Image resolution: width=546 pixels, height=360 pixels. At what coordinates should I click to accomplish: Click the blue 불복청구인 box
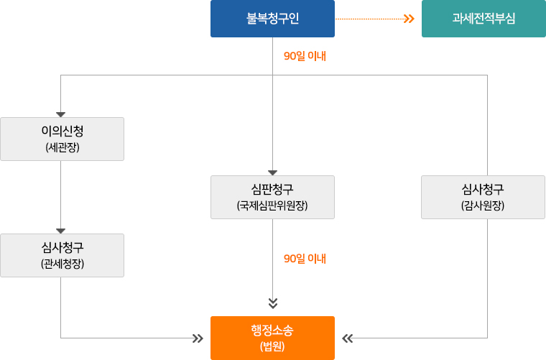pos(272,19)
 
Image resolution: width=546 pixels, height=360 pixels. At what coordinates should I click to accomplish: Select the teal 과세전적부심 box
pos(483,19)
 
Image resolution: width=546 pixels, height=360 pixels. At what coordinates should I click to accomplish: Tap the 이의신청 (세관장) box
pos(62,139)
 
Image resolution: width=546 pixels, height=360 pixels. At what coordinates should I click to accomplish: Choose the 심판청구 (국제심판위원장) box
pos(272,197)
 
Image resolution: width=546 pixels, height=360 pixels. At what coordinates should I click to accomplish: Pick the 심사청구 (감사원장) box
pos(483,197)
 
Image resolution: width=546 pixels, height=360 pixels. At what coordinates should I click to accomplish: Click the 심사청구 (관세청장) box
pos(62,255)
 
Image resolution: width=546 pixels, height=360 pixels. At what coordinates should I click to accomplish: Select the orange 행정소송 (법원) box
pos(272,338)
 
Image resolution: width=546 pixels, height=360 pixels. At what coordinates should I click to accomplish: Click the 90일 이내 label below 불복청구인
pos(305,56)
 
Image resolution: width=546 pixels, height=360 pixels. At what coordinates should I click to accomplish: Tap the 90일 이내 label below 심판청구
pos(305,258)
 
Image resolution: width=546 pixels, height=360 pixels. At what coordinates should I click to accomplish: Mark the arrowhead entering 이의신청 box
pos(61,114)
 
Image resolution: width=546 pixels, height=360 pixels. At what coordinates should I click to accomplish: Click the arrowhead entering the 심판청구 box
pos(273,172)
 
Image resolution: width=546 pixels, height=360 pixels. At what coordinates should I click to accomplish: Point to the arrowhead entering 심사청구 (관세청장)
pos(61,231)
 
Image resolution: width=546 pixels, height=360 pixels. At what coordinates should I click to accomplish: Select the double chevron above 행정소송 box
pos(273,303)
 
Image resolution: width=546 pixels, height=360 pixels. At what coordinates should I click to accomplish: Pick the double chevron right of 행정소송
pos(348,338)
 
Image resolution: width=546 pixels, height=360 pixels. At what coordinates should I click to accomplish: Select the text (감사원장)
pos(483,206)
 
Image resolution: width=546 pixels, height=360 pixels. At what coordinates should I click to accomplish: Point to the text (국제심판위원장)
pos(272,206)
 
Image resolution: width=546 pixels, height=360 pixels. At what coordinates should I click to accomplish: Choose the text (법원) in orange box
pos(272,346)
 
